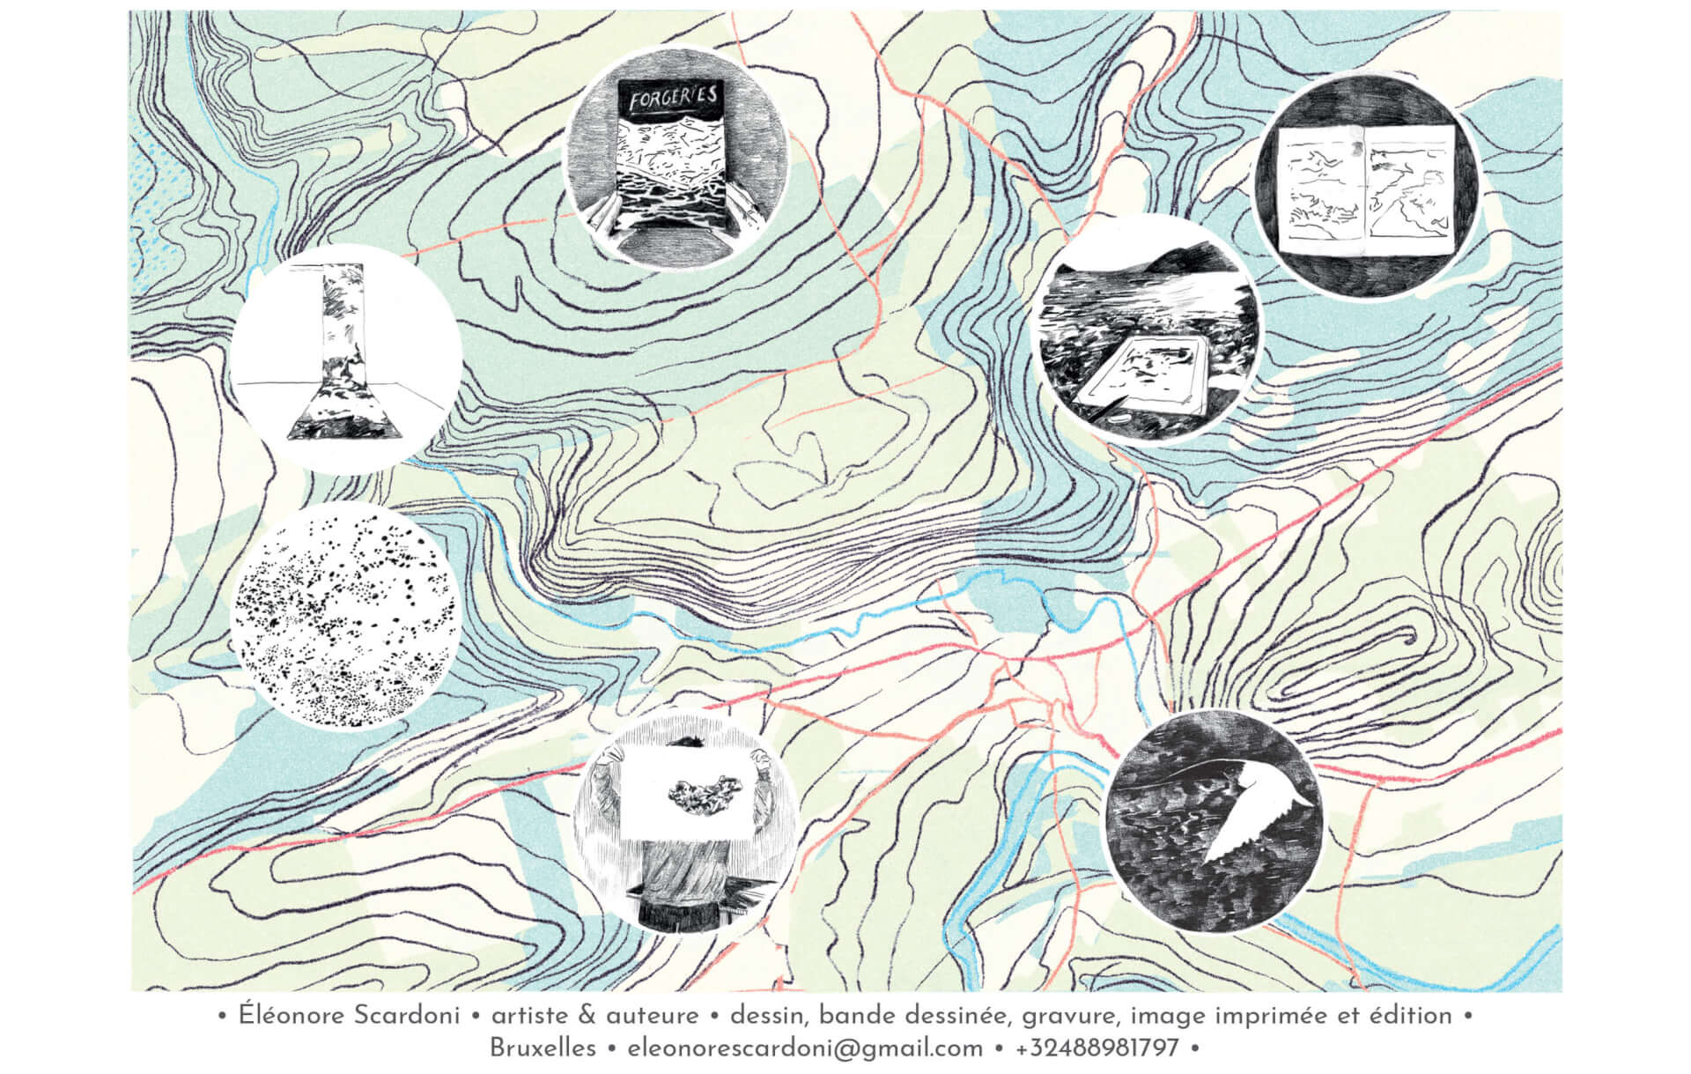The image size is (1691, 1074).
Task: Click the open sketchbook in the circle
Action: (x=1364, y=189)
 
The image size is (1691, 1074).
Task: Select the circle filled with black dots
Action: (x=345, y=617)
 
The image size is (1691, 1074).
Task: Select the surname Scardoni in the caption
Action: (x=407, y=1016)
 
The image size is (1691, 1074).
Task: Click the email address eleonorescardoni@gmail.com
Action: (x=805, y=1048)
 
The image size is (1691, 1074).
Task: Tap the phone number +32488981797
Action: (x=1097, y=1048)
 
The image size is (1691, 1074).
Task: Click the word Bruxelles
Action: (x=543, y=1048)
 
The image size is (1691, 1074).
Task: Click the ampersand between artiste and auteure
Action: (x=588, y=1016)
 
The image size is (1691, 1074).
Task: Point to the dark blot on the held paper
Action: (x=701, y=792)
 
